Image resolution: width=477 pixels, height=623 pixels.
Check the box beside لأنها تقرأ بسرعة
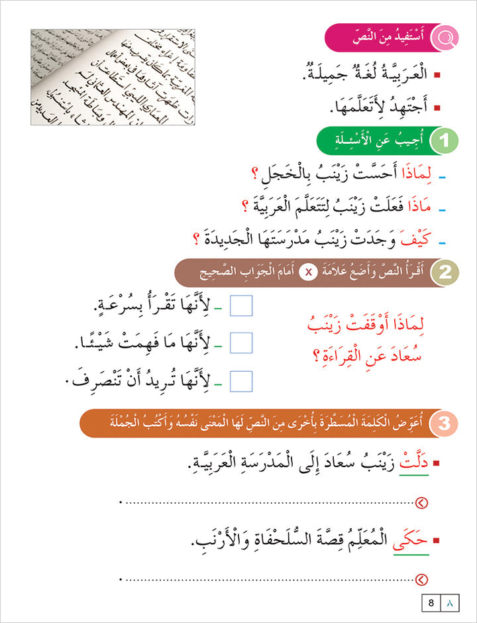(242, 306)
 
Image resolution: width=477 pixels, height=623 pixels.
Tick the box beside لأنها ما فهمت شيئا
(242, 343)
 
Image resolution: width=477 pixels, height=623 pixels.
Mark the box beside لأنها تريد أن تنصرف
(242, 380)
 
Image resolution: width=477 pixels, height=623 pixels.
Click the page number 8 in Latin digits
(431, 603)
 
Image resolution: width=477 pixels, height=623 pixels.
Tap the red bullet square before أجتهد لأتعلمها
(422, 104)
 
